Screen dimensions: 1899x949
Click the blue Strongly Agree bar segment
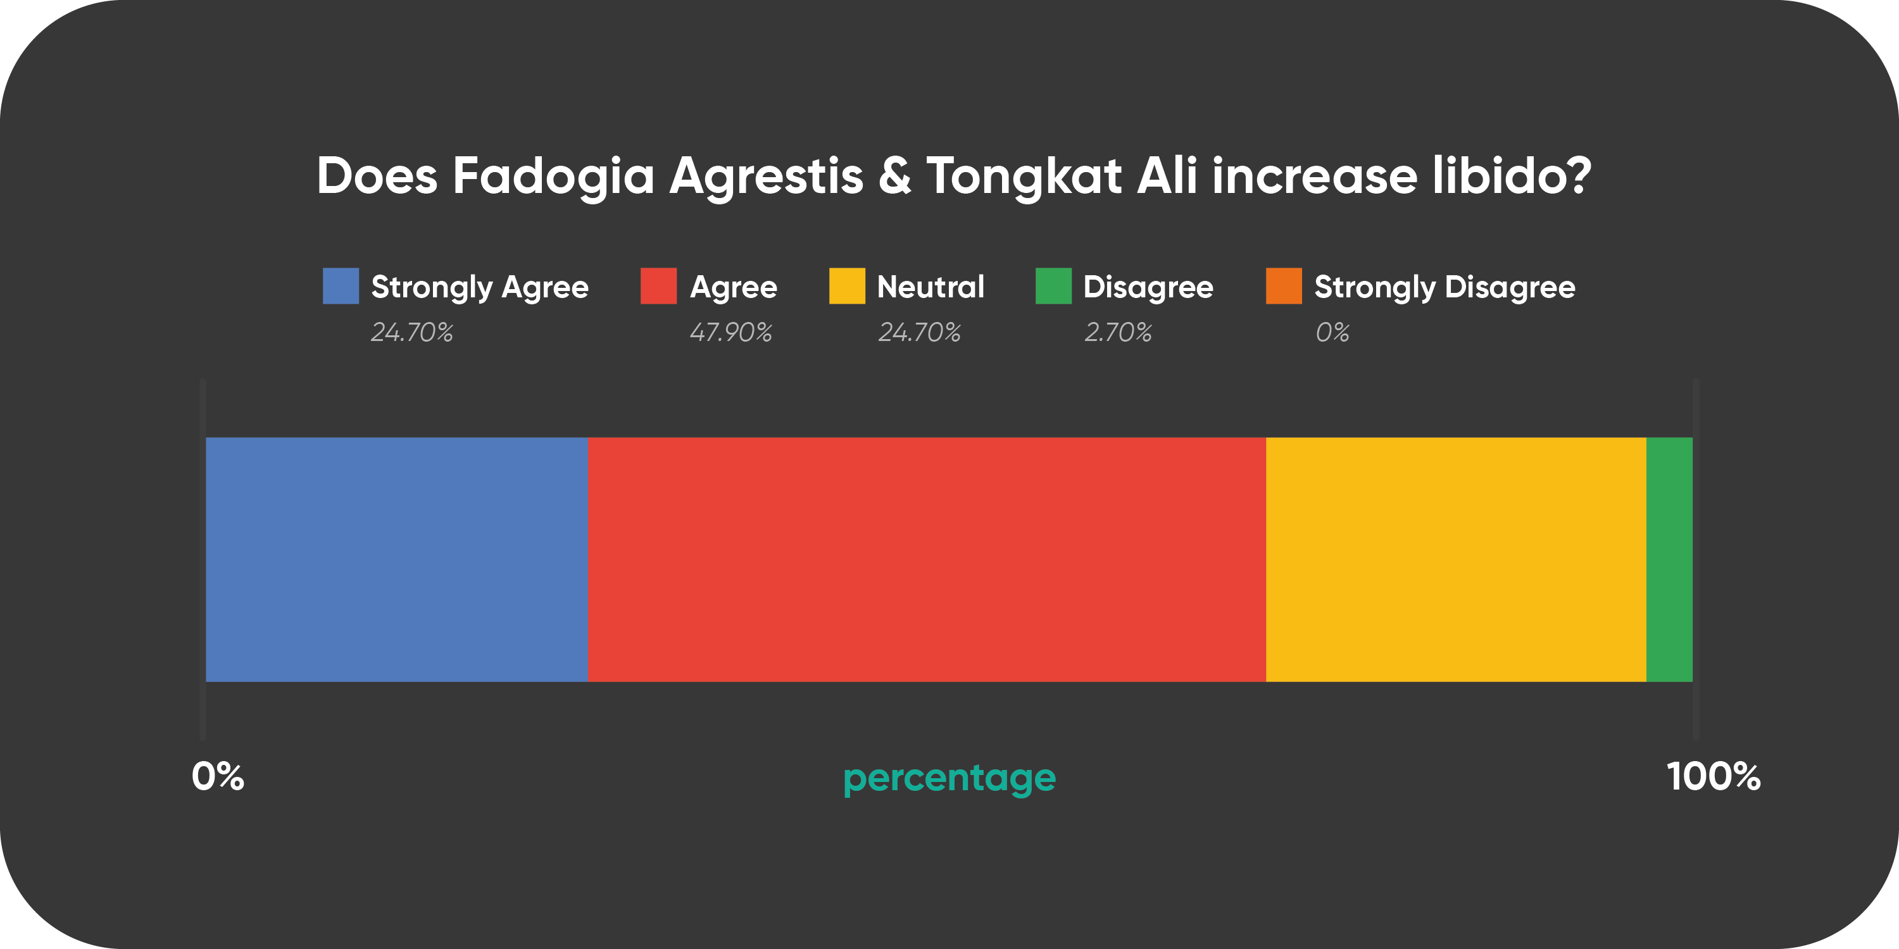pyautogui.click(x=397, y=559)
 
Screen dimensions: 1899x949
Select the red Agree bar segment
pyautogui.click(x=927, y=559)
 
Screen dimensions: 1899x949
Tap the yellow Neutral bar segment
pyautogui.click(x=1456, y=559)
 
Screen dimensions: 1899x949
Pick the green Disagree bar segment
pyautogui.click(x=1669, y=559)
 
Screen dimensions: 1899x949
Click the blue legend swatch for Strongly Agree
pyautogui.click(x=341, y=286)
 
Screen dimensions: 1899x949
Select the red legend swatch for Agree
pyautogui.click(x=658, y=286)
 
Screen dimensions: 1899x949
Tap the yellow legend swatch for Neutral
pyautogui.click(x=847, y=286)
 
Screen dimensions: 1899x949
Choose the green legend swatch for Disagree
pyautogui.click(x=1053, y=286)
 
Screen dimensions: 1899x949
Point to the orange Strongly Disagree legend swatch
pyautogui.click(x=1284, y=286)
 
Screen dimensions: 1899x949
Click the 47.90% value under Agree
pyautogui.click(x=730, y=332)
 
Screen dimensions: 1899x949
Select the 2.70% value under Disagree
pyautogui.click(x=1118, y=332)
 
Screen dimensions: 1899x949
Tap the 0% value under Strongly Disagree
pyautogui.click(x=1332, y=332)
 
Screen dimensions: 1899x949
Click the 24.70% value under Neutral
pyautogui.click(x=919, y=332)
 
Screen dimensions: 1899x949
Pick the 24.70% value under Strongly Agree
pyautogui.click(x=412, y=332)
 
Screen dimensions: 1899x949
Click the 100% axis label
pyautogui.click(x=1714, y=776)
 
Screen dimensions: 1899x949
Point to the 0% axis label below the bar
pyautogui.click(x=218, y=776)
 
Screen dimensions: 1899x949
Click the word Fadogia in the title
pyautogui.click(x=553, y=178)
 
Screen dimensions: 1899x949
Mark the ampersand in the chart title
pyautogui.click(x=894, y=177)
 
